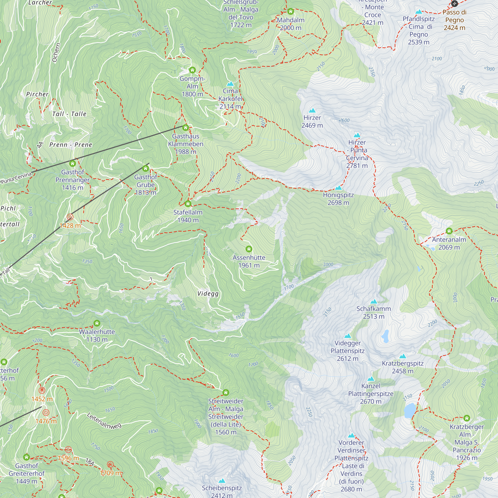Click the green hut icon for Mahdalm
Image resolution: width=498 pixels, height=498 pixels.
coord(291,11)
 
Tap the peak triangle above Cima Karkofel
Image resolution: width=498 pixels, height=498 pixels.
coord(230,84)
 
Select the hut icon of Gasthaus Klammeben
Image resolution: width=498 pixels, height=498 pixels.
coord(186,127)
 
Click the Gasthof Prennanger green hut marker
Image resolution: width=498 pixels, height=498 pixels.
coord(72,163)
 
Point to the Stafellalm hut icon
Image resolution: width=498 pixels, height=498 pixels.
coord(188,204)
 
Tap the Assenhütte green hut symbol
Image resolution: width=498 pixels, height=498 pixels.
coord(249,249)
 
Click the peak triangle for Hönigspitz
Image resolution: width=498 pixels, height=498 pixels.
coord(338,188)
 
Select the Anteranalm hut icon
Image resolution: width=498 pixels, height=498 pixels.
coord(449,231)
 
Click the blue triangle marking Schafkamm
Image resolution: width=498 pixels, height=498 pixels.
coord(373,302)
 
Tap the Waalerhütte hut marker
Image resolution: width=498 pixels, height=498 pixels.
coord(97,323)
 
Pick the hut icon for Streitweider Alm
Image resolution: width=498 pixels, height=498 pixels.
coord(226,393)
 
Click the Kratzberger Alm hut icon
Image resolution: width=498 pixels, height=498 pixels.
coord(467,418)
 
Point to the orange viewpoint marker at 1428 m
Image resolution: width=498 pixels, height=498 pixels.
coord(70,217)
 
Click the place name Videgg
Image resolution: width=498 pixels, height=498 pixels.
coord(208,294)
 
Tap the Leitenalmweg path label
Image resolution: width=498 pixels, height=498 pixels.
coord(104,421)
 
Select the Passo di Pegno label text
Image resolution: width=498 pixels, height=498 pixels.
coord(454,20)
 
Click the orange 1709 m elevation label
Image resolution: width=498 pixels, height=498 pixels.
coord(110,473)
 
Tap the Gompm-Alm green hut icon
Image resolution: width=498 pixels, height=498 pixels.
coord(192,70)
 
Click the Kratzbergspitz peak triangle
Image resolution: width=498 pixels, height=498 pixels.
coord(403,356)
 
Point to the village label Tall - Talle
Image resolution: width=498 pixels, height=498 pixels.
coord(69,114)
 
